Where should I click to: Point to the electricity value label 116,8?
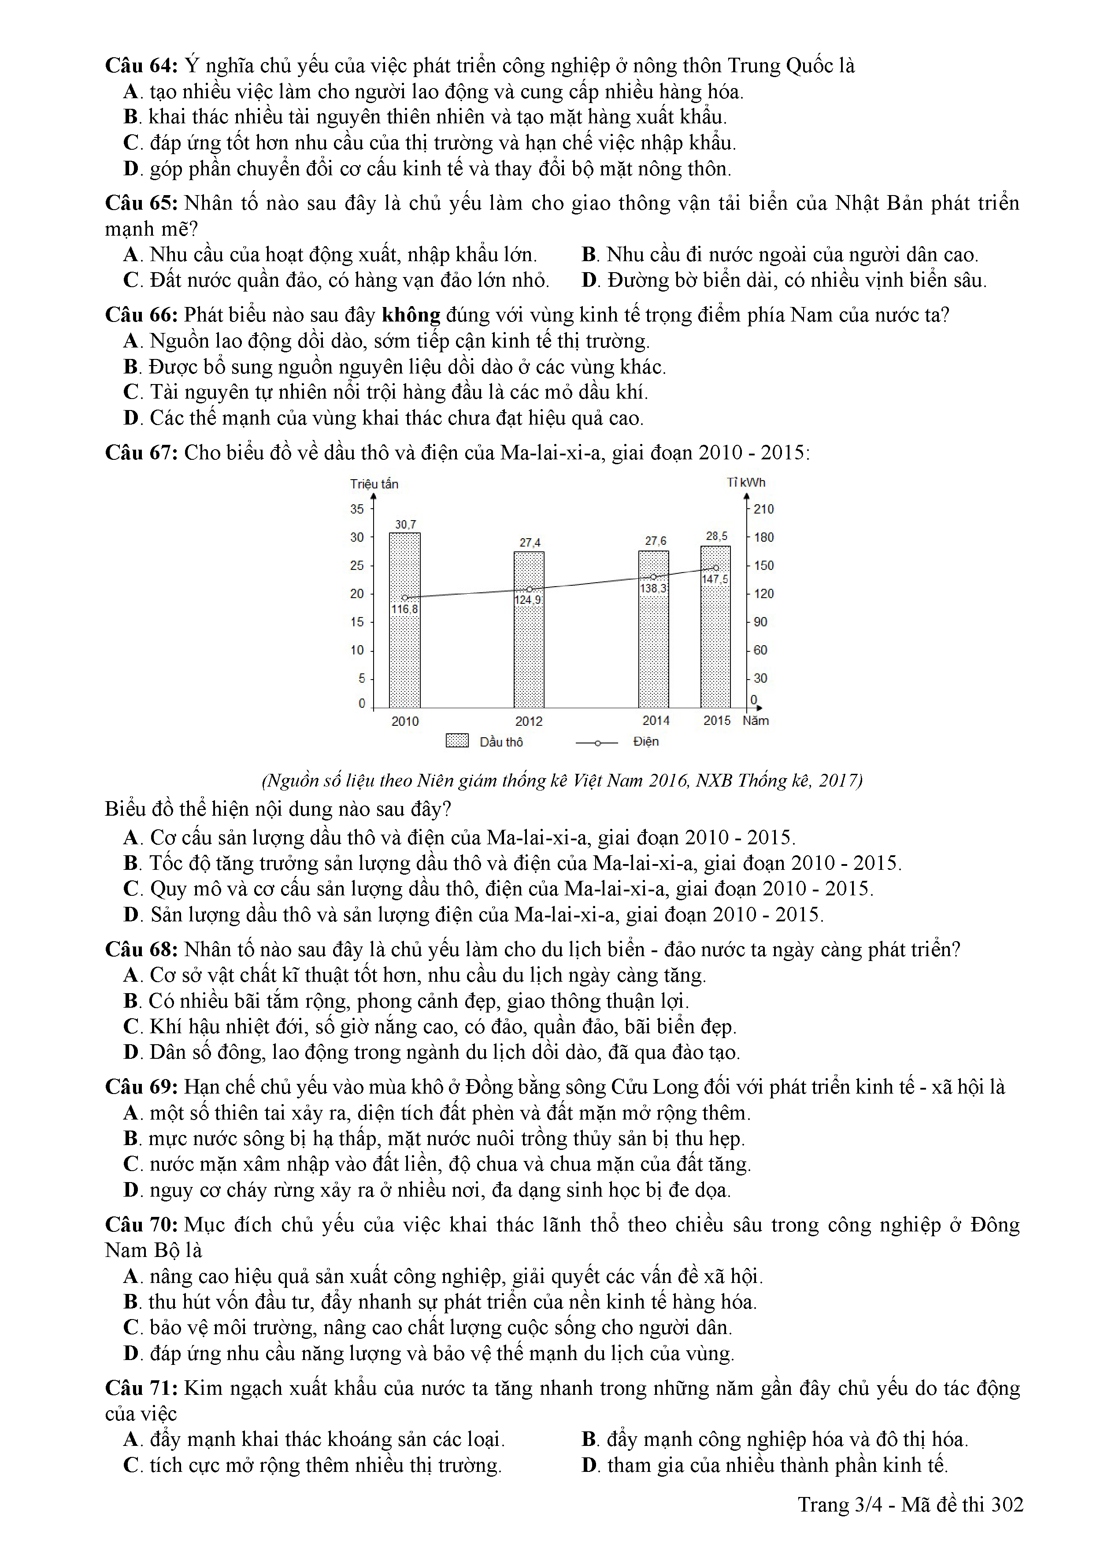(404, 610)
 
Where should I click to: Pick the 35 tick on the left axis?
(357, 510)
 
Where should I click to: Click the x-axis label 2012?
(529, 721)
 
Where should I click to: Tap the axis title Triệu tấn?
(374, 484)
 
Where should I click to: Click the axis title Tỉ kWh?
(746, 482)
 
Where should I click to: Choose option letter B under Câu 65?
(589, 255)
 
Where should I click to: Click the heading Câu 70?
(141, 1225)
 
